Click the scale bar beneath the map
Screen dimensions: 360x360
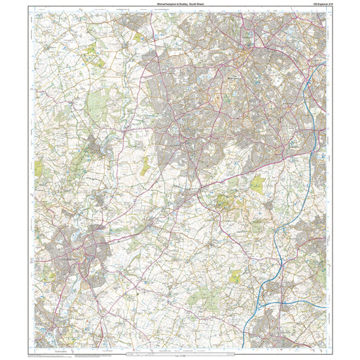[x=179, y=352]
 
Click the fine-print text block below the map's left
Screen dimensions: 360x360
[x=52, y=354]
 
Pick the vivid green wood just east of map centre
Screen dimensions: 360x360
[x=257, y=185]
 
